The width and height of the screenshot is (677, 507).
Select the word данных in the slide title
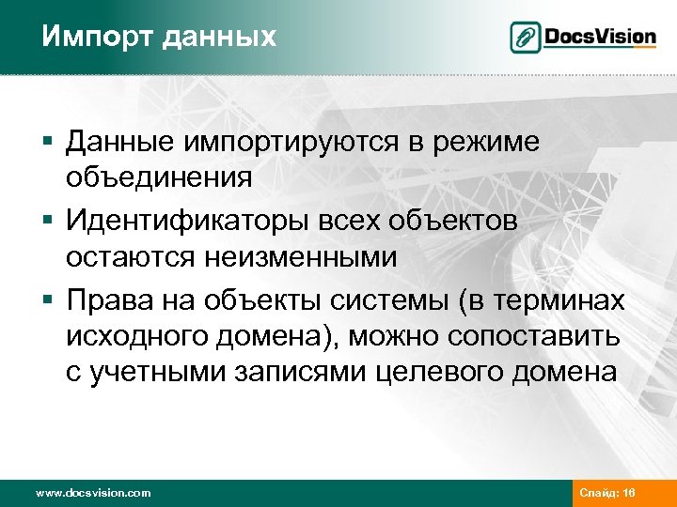click(x=220, y=37)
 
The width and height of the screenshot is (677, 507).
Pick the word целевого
click(x=440, y=372)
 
